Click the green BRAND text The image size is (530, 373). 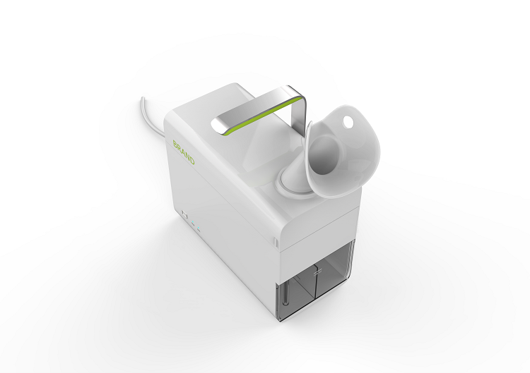tap(184, 152)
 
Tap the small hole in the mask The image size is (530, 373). tap(348, 121)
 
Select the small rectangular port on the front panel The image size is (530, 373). tap(185, 214)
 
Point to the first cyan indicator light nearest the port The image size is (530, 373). tap(193, 224)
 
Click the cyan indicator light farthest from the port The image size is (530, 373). tap(199, 231)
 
